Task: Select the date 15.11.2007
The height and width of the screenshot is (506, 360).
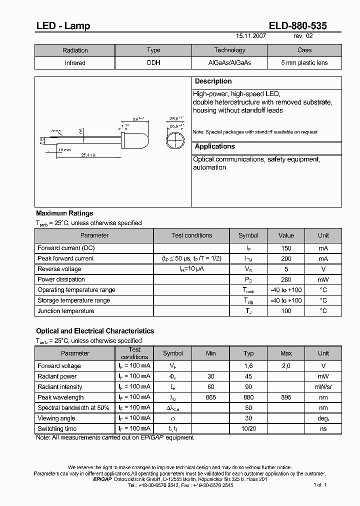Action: click(251, 36)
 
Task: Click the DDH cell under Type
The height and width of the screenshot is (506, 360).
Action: click(153, 63)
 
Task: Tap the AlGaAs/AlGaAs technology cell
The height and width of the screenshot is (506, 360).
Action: click(229, 63)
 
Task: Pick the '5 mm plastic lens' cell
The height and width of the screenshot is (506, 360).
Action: click(304, 63)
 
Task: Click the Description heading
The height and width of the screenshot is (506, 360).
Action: click(213, 81)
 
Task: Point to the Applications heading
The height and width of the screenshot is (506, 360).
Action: click(214, 146)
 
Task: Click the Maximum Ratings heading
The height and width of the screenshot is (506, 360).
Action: click(64, 213)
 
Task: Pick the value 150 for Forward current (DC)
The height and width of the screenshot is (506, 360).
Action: click(286, 248)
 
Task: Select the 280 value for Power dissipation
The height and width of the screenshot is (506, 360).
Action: click(286, 279)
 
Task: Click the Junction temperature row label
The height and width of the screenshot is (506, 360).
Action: click(65, 311)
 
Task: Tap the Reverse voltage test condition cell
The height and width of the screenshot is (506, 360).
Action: click(191, 269)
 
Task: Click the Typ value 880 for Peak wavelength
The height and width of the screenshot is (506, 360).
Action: click(248, 397)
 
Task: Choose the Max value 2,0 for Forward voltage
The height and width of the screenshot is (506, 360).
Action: click(286, 366)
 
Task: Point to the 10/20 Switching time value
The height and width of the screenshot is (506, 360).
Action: click(248, 429)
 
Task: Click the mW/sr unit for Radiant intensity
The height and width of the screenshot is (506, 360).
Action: click(323, 387)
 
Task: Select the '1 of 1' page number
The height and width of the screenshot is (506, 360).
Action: click(320, 485)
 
